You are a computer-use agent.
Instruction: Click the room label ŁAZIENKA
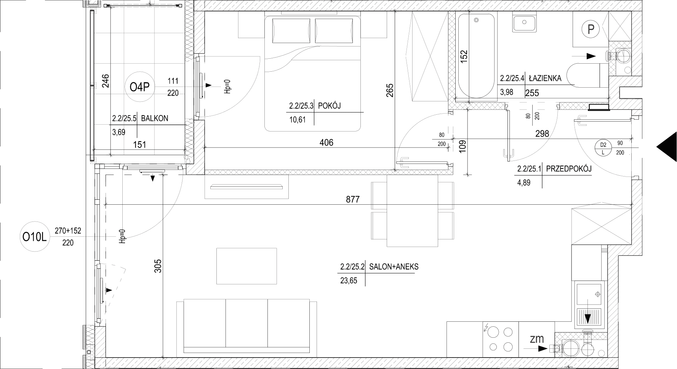tap(545, 79)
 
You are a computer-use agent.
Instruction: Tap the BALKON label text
tap(154, 118)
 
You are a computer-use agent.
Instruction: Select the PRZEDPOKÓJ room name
tap(569, 168)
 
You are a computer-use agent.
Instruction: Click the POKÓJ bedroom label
tap(329, 106)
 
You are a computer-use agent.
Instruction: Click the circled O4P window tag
tap(139, 88)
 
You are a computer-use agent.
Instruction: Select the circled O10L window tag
tap(34, 237)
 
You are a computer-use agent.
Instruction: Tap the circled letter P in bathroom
tap(591, 29)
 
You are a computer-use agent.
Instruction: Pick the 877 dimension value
tap(353, 199)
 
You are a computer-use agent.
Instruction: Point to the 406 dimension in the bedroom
tap(326, 143)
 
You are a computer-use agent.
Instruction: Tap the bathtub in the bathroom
tap(476, 57)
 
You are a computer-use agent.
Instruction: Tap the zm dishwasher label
tap(536, 339)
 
